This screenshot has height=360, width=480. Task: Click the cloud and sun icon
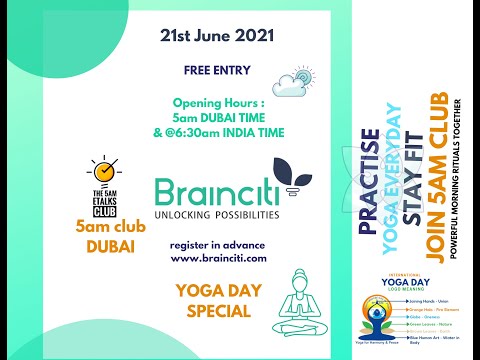(x=298, y=79)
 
